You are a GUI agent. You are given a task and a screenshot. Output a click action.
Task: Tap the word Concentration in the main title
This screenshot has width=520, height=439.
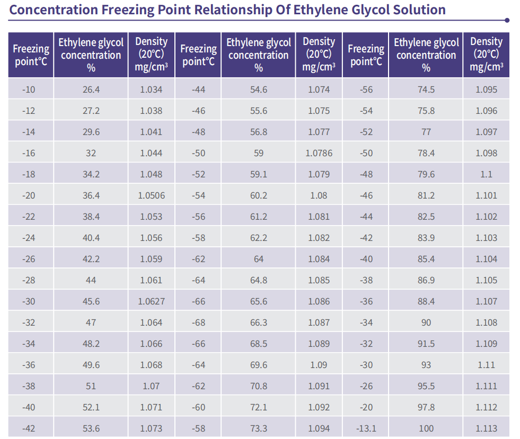pyautogui.click(x=54, y=10)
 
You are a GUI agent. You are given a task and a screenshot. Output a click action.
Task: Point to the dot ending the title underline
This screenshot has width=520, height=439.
pyautogui.click(x=507, y=20)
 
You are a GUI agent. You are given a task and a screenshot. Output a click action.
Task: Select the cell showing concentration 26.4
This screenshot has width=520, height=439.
pyautogui.click(x=91, y=89)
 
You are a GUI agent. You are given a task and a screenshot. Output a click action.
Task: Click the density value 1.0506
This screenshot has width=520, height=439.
pyautogui.click(x=151, y=195)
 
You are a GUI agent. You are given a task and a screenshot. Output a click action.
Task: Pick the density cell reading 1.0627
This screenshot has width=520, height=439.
pyautogui.click(x=151, y=301)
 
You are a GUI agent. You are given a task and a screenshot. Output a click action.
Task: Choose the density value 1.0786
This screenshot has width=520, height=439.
pyautogui.click(x=319, y=153)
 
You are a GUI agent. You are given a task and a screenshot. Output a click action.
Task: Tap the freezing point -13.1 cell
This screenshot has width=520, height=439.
pyautogui.click(x=366, y=428)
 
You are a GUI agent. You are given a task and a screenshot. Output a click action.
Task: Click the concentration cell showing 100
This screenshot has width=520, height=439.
pyautogui.click(x=426, y=428)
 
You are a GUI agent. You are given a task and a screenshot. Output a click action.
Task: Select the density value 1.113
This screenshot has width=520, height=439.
pyautogui.click(x=487, y=428)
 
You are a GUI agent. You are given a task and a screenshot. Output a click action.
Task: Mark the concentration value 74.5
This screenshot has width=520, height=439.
pyautogui.click(x=426, y=89)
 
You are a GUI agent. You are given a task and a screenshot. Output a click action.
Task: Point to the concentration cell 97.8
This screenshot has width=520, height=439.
pyautogui.click(x=426, y=407)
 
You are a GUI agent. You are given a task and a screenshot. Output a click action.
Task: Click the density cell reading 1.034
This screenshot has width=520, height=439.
pyautogui.click(x=151, y=89)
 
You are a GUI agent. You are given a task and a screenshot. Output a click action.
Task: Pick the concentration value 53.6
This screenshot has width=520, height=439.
pyautogui.click(x=91, y=428)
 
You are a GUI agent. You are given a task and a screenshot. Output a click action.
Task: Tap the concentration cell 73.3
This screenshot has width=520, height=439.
pyautogui.click(x=259, y=428)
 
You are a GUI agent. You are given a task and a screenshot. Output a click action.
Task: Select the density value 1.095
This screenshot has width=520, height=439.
pyautogui.click(x=487, y=89)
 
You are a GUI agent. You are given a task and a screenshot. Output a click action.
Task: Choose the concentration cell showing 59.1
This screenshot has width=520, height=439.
pyautogui.click(x=259, y=174)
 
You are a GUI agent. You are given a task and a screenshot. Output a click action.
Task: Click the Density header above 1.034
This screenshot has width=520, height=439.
pyautogui.click(x=151, y=55)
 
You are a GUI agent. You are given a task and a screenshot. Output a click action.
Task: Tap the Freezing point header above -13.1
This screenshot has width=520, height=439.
pyautogui.click(x=366, y=55)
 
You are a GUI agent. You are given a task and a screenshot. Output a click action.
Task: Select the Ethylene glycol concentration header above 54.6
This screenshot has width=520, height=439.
pyautogui.click(x=259, y=55)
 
